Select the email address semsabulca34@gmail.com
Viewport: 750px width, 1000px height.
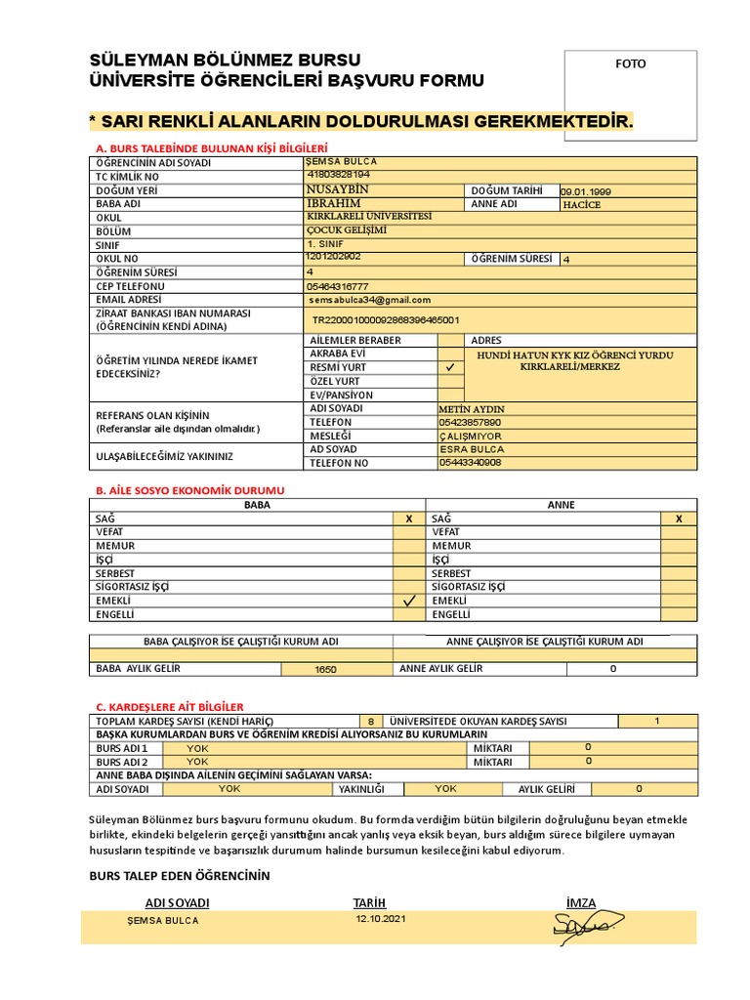(x=368, y=301)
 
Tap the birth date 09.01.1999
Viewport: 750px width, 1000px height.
(x=586, y=192)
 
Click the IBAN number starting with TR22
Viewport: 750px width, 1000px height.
(x=386, y=319)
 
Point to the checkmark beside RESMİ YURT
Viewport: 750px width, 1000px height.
(x=450, y=367)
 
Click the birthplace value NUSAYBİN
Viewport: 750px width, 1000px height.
(x=337, y=189)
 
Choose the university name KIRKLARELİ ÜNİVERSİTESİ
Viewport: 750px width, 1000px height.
(x=368, y=216)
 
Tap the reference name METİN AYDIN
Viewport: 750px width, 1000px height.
(x=473, y=409)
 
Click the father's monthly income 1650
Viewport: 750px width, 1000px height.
(x=325, y=671)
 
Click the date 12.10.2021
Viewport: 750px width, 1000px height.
(x=381, y=920)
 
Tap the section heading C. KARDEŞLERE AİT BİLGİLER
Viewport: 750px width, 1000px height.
(x=169, y=706)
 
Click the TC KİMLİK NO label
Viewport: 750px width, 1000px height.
(x=127, y=177)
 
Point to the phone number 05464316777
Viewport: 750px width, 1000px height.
(x=337, y=286)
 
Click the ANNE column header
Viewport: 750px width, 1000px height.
(x=562, y=505)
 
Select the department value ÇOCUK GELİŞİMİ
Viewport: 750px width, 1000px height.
(x=347, y=230)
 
